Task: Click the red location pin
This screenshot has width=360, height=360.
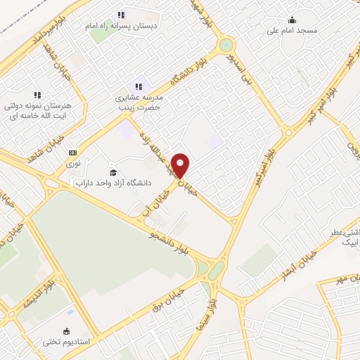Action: (x=181, y=165)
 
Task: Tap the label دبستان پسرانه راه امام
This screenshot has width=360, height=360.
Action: (x=122, y=25)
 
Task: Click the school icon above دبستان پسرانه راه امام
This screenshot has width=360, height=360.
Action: (x=121, y=14)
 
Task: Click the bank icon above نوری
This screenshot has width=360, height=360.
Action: (x=72, y=152)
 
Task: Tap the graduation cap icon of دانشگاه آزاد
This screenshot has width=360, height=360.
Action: (x=112, y=172)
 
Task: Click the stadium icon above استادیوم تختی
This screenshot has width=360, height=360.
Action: (x=66, y=331)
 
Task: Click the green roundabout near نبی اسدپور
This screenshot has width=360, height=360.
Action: (x=226, y=46)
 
